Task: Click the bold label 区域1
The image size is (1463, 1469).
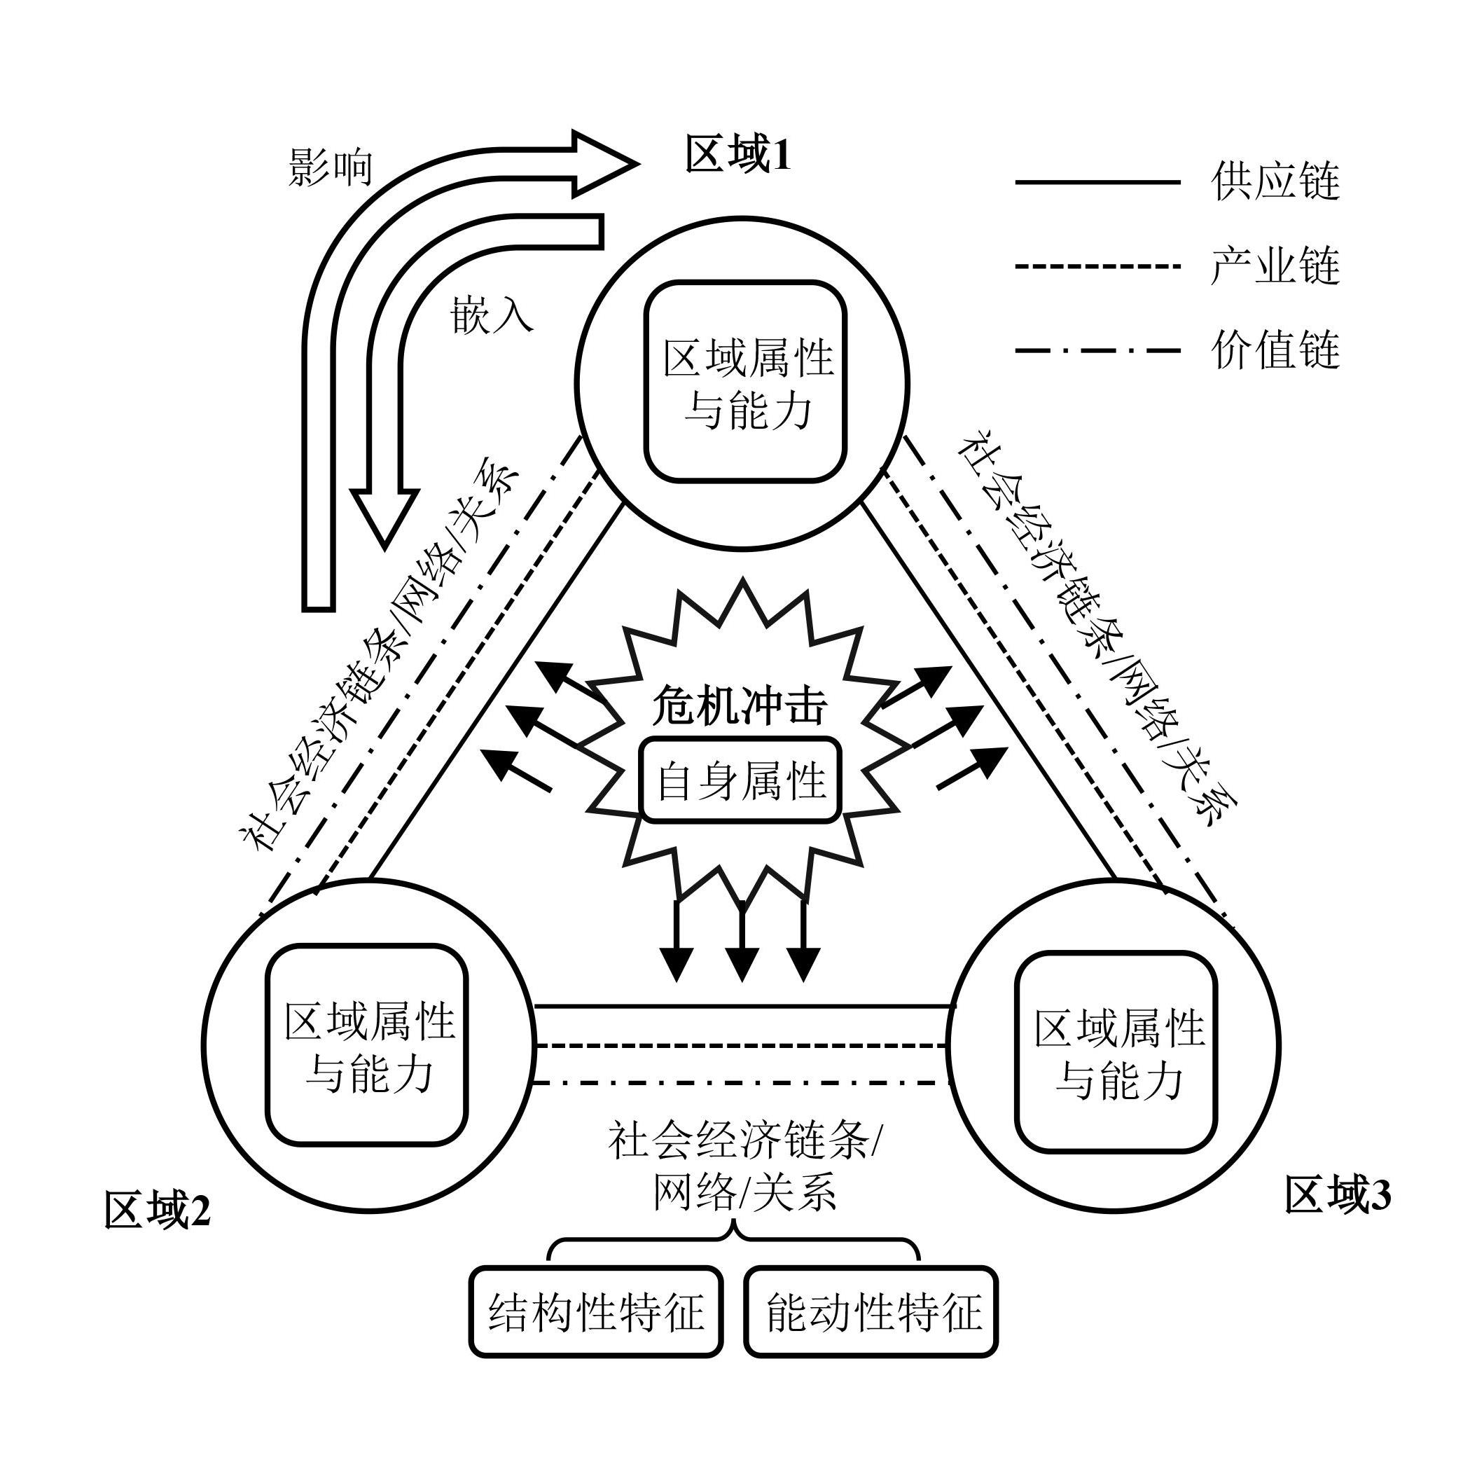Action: [x=738, y=155]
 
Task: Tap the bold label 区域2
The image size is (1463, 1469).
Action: [x=157, y=1211]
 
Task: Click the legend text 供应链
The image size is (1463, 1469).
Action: [x=1275, y=182]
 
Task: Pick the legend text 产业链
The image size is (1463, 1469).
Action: [x=1275, y=266]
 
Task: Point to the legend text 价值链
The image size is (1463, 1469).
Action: [x=1275, y=350]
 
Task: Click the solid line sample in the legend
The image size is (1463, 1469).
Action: [x=1097, y=182]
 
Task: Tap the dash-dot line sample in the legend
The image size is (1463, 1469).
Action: [x=1097, y=350]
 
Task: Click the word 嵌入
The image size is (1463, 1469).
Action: [x=492, y=314]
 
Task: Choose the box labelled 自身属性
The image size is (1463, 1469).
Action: [x=741, y=780]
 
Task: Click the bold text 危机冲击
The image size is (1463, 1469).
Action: [x=740, y=707]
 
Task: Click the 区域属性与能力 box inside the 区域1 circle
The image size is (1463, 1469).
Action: [x=746, y=382]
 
